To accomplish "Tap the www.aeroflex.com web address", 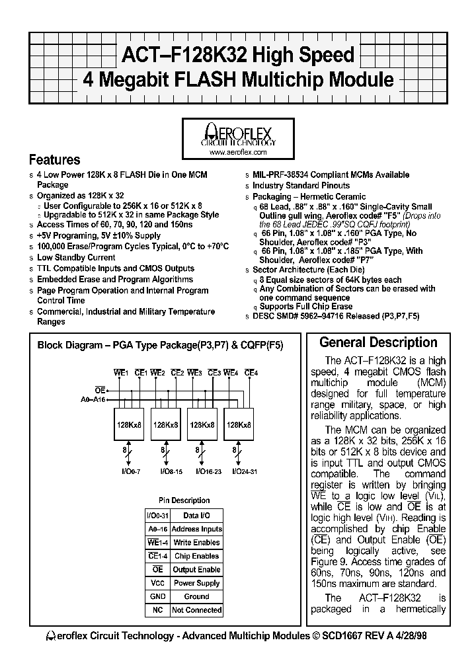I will coord(237,152).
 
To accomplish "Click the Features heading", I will coord(55,160).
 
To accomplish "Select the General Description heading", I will coord(378,342).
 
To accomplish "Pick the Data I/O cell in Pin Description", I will coord(196,516).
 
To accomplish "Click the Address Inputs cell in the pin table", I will coord(196,529).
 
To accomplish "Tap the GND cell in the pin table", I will coord(157,596).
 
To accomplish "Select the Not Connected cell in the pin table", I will coord(196,610).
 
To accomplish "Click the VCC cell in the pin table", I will coord(157,583).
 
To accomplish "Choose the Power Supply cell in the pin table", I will coord(196,583).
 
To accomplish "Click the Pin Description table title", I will coord(184,500).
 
